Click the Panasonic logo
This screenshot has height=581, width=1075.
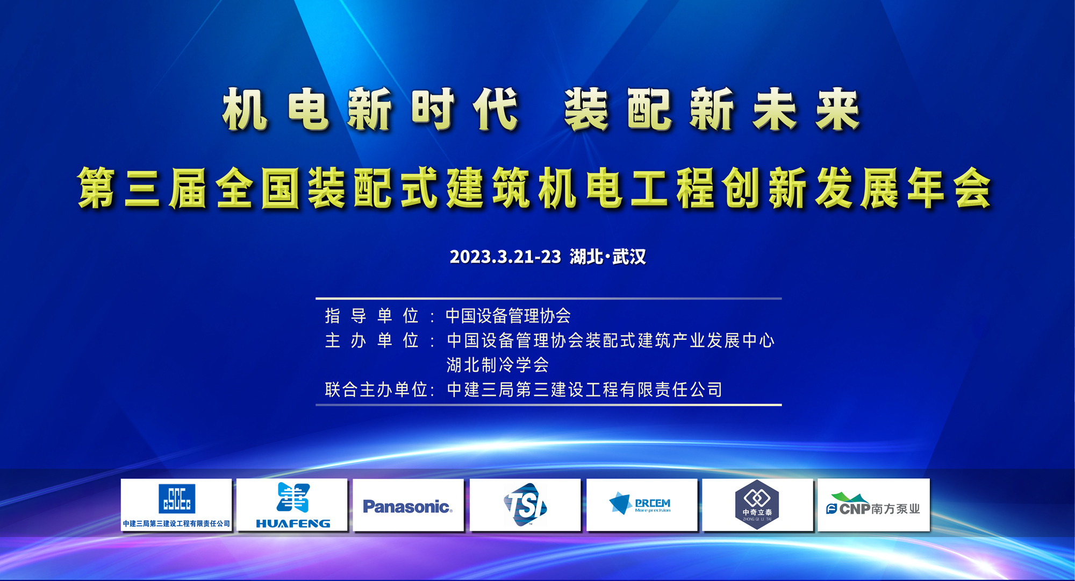click(407, 506)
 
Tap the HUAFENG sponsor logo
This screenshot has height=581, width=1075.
click(293, 505)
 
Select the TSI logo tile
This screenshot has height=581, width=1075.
click(525, 505)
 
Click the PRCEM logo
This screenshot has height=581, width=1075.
click(640, 504)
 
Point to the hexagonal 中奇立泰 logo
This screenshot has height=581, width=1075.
click(757, 504)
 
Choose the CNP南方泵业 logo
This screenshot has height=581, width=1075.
click(873, 504)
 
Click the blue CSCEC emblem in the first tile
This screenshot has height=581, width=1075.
click(177, 498)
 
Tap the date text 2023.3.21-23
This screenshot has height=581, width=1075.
click(505, 257)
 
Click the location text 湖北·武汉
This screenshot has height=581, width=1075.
click(608, 257)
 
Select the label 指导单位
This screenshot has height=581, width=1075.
click(371, 316)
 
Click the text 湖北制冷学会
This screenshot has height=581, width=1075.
click(498, 365)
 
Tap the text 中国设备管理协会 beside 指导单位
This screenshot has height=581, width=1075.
click(508, 316)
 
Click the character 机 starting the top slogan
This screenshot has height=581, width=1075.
click(245, 110)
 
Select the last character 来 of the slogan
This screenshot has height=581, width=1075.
click(838, 110)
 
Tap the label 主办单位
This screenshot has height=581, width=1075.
click(371, 341)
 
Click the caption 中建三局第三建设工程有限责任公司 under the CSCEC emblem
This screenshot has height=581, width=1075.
click(176, 523)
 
